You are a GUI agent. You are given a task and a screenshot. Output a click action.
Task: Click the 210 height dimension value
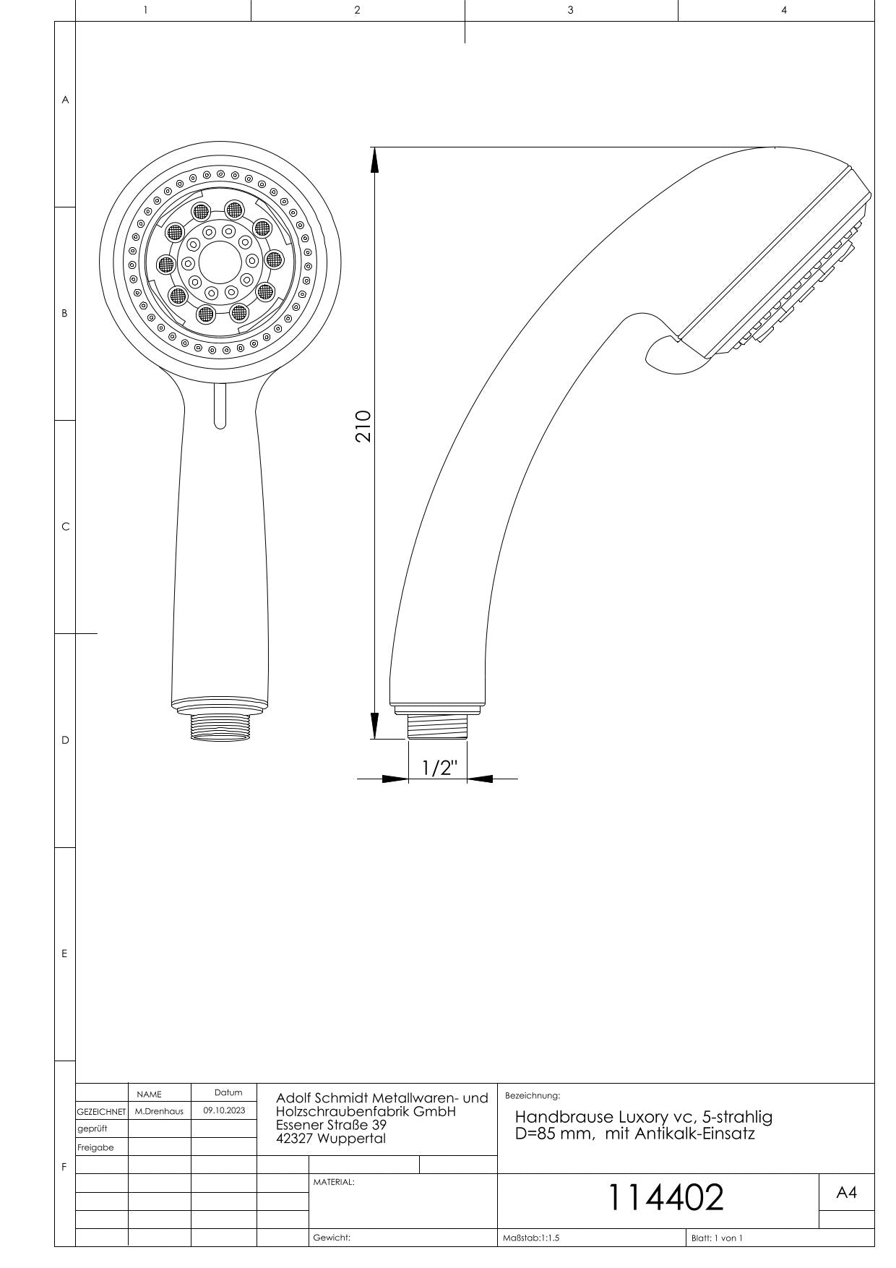point(363,427)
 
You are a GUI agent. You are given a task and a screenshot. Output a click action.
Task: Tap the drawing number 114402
point(665,1197)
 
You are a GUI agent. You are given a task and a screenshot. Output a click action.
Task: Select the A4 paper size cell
point(846,1193)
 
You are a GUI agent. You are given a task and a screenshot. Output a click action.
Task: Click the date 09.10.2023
point(224,1110)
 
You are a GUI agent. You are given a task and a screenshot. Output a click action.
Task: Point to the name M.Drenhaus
point(159,1110)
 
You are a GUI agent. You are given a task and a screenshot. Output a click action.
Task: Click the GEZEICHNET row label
point(101,1110)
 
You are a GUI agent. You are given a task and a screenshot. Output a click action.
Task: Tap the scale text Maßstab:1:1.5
point(531,1238)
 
